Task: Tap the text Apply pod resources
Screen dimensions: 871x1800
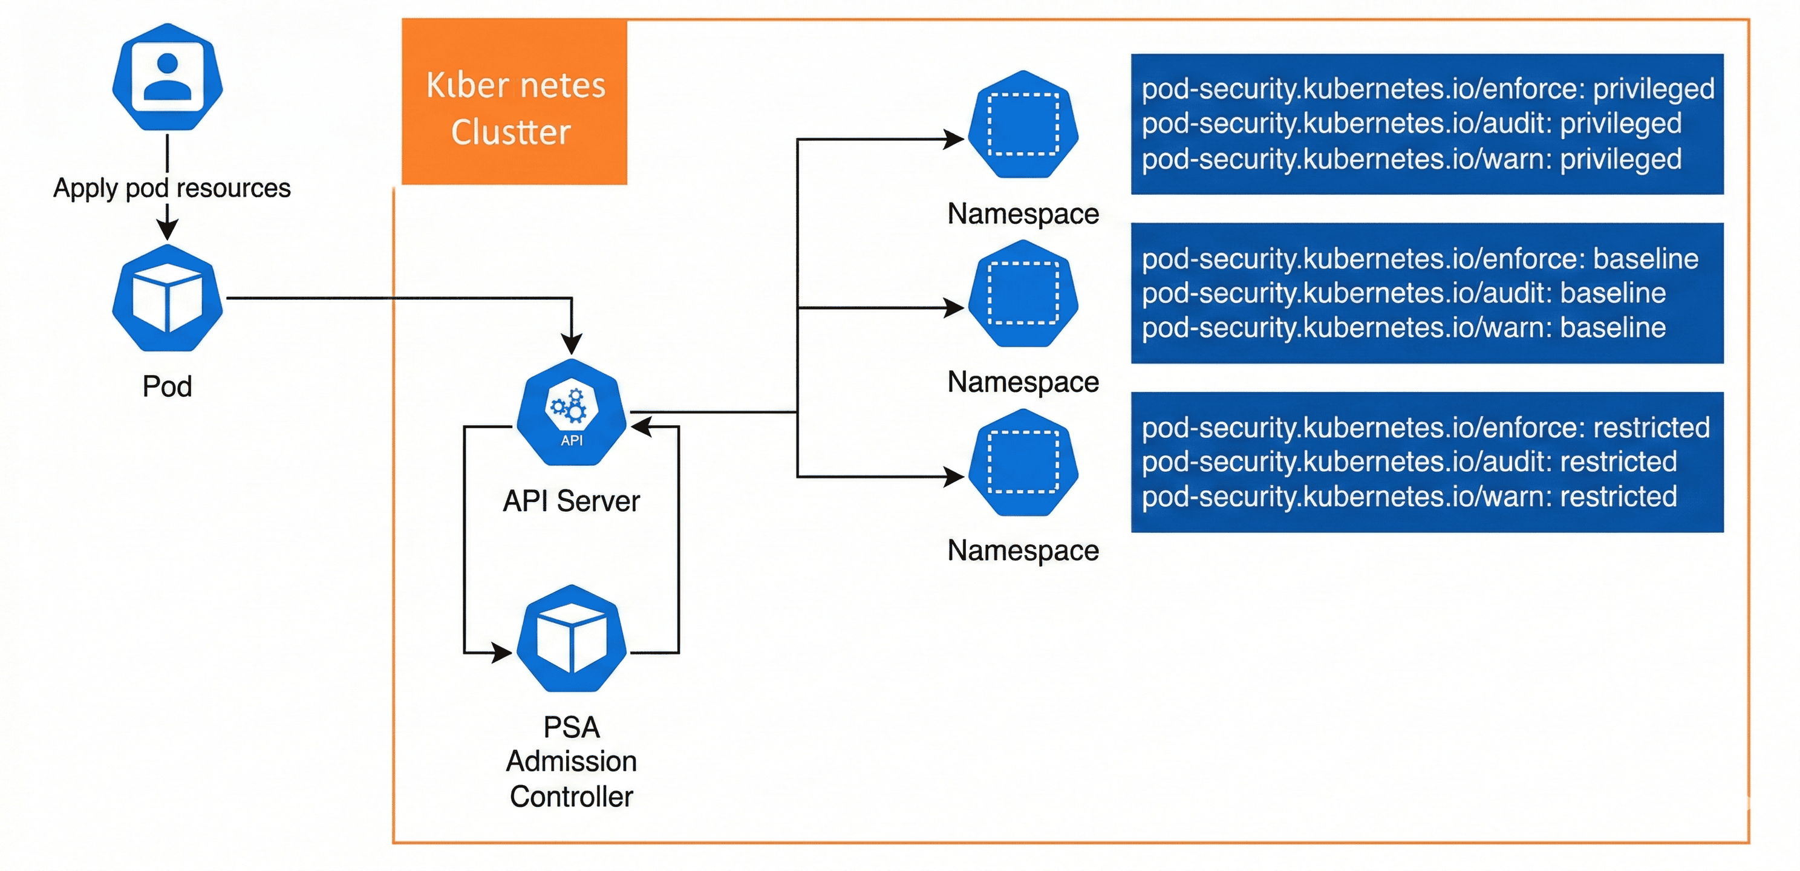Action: point(172,188)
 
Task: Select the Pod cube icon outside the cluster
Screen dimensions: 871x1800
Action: point(167,298)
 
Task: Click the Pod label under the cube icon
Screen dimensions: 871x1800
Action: point(167,387)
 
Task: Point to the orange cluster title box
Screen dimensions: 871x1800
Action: point(515,103)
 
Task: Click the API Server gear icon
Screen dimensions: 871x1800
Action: point(571,413)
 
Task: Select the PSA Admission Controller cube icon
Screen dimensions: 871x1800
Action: point(571,638)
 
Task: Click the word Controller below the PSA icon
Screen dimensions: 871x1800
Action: point(571,797)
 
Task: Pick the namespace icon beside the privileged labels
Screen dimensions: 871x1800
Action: point(1023,125)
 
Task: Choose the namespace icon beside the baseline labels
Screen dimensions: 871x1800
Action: point(1023,293)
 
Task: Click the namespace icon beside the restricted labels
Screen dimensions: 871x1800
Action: point(1023,463)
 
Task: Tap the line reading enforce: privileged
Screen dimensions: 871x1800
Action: point(1427,89)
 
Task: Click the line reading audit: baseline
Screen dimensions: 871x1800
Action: point(1403,293)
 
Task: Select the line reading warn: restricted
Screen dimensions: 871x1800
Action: point(1409,497)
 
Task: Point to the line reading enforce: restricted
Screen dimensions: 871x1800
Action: point(1426,427)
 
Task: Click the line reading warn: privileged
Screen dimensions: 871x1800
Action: point(1412,158)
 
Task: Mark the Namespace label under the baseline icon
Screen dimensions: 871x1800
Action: point(1023,382)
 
